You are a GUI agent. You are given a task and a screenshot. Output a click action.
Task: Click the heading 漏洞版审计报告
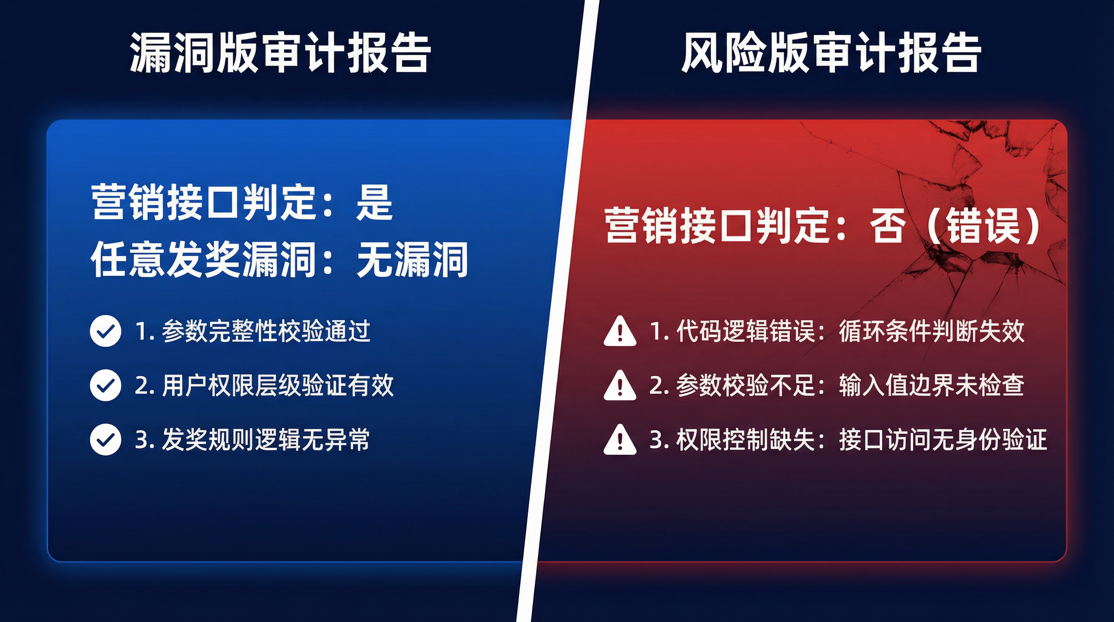point(280,53)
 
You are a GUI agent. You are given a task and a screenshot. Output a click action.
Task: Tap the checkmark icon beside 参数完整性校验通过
point(105,331)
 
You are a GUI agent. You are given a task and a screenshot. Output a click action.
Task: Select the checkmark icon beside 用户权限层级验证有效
point(105,385)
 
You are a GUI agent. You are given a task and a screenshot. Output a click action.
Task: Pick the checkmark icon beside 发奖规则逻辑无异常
point(105,439)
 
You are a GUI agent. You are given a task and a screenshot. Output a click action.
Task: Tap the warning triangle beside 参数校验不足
point(620,386)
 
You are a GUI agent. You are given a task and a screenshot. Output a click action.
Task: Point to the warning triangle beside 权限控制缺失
point(620,440)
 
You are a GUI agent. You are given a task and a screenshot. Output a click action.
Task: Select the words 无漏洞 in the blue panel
point(412,260)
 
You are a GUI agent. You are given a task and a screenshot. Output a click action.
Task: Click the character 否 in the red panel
point(887,226)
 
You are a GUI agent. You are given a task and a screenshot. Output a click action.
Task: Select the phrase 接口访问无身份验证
point(943,439)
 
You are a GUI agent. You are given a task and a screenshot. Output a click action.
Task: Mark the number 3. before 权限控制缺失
point(660,440)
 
